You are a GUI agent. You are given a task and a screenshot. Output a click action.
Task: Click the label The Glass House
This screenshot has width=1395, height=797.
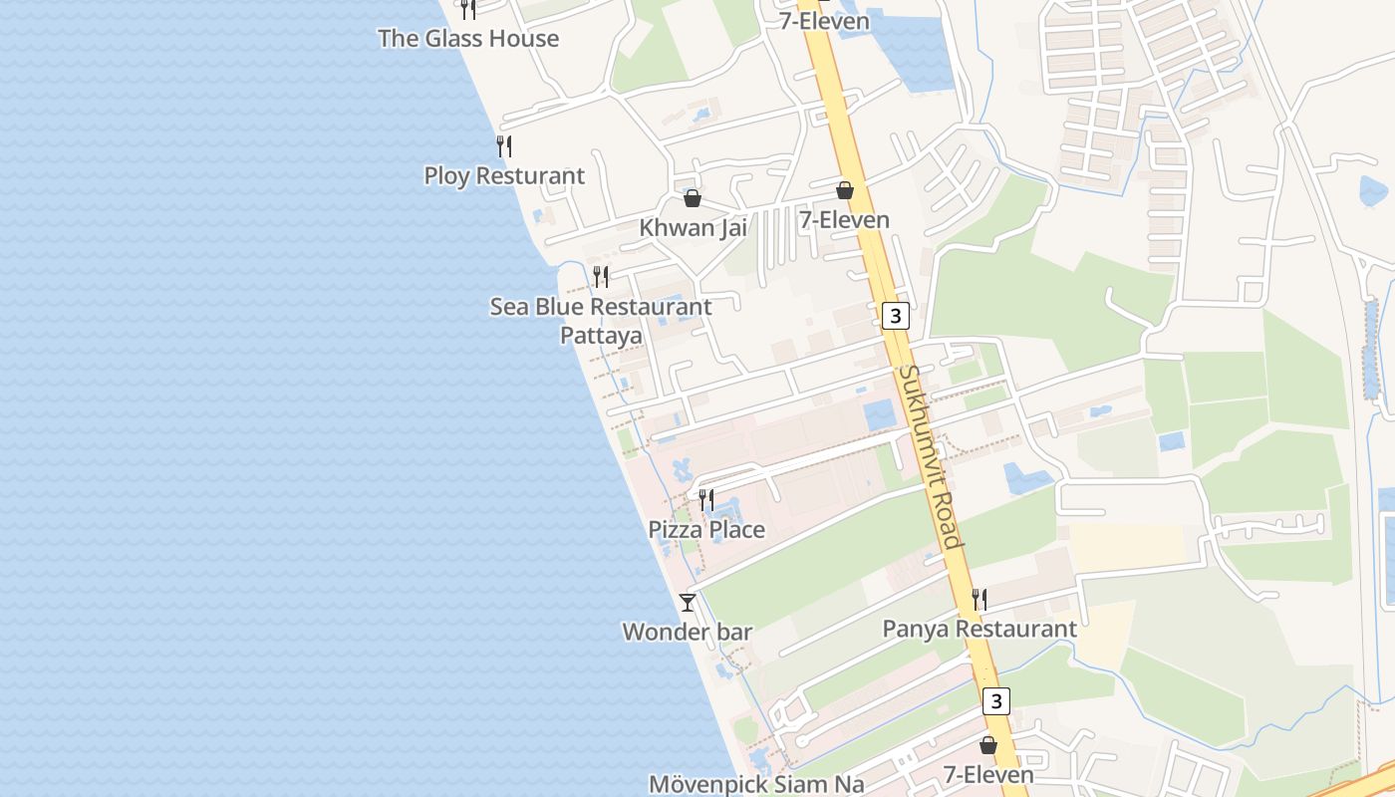(468, 39)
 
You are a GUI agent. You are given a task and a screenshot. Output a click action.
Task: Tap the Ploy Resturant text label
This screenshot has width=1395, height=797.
(504, 176)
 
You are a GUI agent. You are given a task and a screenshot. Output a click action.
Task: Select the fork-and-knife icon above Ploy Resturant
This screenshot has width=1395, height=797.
(504, 146)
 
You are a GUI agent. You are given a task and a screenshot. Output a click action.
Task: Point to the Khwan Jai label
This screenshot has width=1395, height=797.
(693, 227)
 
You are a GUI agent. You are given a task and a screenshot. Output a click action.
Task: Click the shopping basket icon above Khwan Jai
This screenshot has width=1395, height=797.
(693, 198)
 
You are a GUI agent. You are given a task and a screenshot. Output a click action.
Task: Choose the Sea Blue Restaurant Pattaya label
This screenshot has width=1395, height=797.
(601, 321)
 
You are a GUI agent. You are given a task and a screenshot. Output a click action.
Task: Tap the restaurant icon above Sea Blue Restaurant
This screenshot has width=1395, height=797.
(601, 276)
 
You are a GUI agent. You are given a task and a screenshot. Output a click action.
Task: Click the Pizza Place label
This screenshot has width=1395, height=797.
(706, 530)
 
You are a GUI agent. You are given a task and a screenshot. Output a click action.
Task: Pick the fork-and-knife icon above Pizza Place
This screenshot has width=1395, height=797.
(706, 499)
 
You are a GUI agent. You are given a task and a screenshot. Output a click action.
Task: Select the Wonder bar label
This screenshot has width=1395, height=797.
(687, 632)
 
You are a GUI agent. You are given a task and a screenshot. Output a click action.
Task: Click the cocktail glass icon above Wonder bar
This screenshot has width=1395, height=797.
(688, 602)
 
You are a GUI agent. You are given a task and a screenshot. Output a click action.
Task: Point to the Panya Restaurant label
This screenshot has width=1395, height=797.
(979, 630)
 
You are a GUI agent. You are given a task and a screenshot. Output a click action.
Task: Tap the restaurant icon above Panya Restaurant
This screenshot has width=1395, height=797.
(979, 599)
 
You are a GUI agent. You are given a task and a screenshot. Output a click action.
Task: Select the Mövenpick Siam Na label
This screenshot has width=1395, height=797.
(756, 784)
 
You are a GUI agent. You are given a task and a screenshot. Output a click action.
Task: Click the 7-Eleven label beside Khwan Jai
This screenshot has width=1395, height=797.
(844, 220)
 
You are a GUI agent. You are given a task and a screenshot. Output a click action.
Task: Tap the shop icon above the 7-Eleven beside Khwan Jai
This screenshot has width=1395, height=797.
(845, 190)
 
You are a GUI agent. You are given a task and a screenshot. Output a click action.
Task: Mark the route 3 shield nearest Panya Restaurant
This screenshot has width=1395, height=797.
(996, 700)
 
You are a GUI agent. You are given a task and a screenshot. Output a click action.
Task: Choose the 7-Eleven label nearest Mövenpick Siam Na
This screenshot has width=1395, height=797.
(988, 774)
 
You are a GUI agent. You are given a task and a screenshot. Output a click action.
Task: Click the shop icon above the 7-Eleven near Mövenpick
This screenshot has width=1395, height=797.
(988, 745)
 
